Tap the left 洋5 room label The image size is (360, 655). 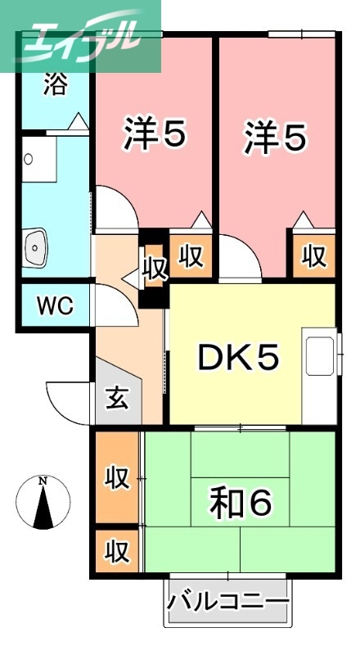(x=153, y=134)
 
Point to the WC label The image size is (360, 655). (x=54, y=307)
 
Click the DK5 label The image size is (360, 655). (x=239, y=357)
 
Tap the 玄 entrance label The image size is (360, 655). (x=117, y=400)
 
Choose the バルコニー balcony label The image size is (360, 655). (x=229, y=603)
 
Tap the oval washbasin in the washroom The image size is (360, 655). (x=36, y=245)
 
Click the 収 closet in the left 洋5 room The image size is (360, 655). (x=191, y=256)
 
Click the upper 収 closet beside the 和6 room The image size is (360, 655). (x=116, y=477)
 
